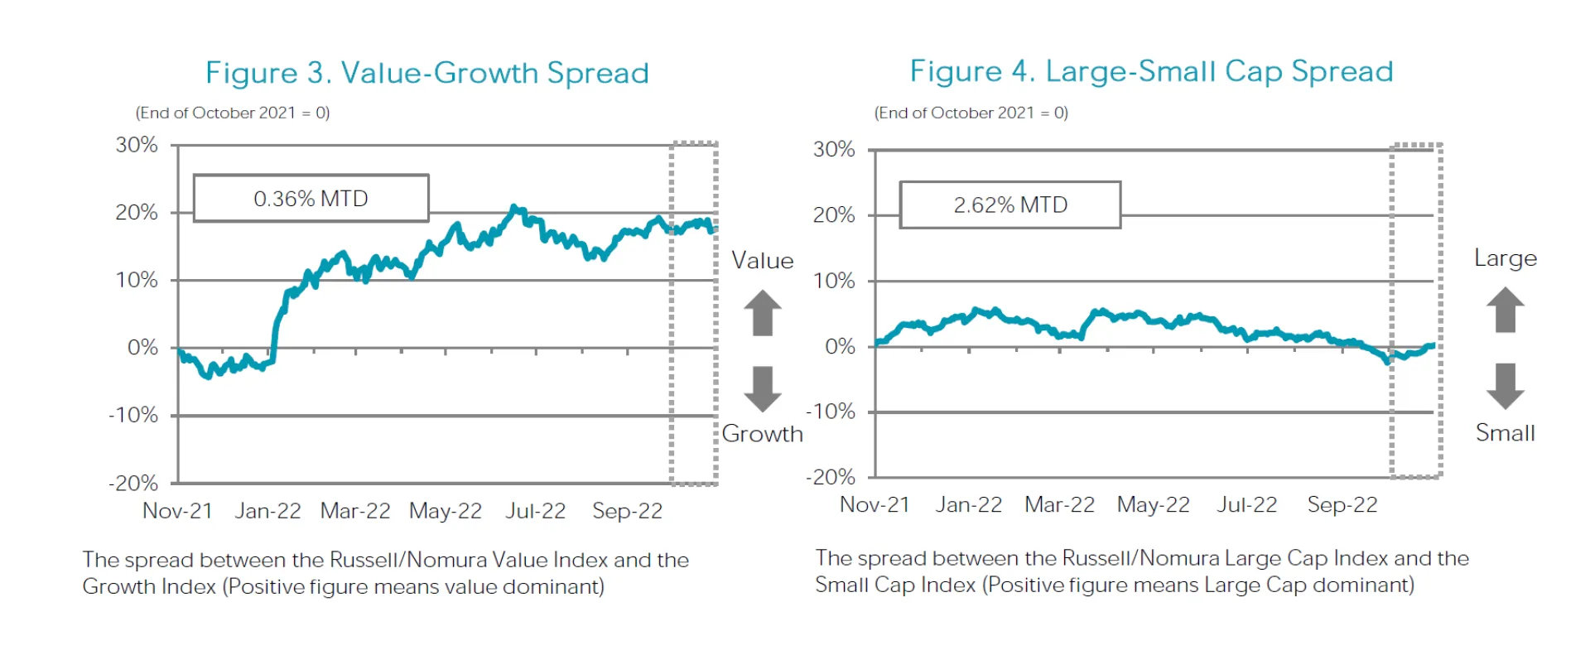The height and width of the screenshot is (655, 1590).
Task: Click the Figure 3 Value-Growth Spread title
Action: click(x=426, y=73)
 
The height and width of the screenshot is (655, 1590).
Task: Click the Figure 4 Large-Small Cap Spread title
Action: click(x=1151, y=71)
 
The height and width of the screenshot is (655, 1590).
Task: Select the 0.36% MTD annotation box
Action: click(x=311, y=199)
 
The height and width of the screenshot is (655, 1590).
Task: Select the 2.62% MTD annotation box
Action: click(x=1010, y=205)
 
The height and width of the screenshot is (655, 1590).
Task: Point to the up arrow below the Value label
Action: click(x=762, y=312)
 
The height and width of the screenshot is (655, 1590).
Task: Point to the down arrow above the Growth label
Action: click(x=762, y=389)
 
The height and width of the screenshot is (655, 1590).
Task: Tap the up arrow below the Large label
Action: click(x=1505, y=309)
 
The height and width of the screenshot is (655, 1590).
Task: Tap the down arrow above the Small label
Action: click(x=1505, y=386)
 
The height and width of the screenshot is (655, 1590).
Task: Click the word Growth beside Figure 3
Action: click(x=762, y=434)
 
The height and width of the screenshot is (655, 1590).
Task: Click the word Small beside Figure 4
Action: click(x=1505, y=433)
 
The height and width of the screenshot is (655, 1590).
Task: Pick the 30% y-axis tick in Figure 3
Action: click(x=137, y=145)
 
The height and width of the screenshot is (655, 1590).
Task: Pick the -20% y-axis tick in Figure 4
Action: click(x=831, y=477)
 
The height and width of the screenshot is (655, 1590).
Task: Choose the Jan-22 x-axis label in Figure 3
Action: click(x=267, y=511)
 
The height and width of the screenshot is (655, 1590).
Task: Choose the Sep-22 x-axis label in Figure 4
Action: click(x=1342, y=505)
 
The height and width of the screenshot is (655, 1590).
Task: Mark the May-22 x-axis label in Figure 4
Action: click(x=1153, y=505)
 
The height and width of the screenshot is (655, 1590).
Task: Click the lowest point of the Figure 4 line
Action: click(x=1387, y=362)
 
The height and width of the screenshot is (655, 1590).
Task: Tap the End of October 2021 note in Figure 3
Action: click(x=233, y=113)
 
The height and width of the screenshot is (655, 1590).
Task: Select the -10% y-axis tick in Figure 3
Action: click(x=133, y=415)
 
